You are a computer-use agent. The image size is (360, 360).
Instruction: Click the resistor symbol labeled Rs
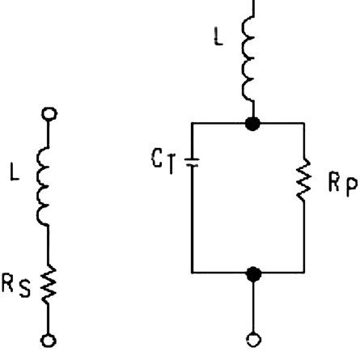click(48, 285)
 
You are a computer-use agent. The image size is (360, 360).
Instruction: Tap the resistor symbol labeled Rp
click(304, 180)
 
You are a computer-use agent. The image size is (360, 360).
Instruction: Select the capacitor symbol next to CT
click(192, 162)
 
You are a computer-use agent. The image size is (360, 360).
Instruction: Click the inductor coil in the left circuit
click(43, 187)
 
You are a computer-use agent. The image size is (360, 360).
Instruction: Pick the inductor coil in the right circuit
click(248, 58)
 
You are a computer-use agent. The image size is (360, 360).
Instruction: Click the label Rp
click(343, 184)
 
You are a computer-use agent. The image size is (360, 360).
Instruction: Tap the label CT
click(163, 161)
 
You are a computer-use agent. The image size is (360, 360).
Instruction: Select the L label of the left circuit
click(15, 172)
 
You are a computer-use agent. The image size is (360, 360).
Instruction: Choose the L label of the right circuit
click(218, 36)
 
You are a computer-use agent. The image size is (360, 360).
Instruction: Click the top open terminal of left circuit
click(49, 114)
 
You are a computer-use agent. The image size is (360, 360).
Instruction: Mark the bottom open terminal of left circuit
click(49, 341)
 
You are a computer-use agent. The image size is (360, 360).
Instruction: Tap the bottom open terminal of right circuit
click(254, 340)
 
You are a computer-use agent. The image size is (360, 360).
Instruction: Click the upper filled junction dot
click(253, 124)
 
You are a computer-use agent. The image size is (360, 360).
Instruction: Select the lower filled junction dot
click(254, 274)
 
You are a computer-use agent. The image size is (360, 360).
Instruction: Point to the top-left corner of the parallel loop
click(192, 123)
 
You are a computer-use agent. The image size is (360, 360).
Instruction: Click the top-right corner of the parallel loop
click(304, 123)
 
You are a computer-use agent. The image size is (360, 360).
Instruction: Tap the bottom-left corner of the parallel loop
click(192, 273)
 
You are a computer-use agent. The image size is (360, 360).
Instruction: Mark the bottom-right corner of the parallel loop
click(304, 273)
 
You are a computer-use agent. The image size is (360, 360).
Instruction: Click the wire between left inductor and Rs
click(49, 246)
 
